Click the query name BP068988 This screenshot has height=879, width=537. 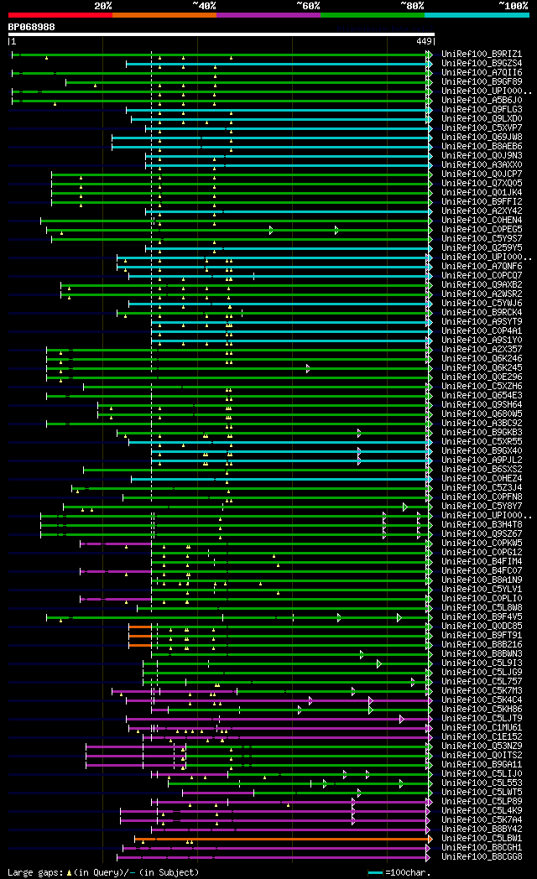[x=32, y=27]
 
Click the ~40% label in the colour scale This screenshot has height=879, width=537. [x=204, y=6]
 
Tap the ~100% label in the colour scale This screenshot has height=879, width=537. [x=513, y=6]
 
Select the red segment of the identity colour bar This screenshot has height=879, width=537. [x=60, y=15]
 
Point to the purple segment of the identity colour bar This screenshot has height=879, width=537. [x=268, y=15]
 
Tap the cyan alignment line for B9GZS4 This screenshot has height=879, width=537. [x=277, y=64]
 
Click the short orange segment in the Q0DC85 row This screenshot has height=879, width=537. [x=139, y=627]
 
